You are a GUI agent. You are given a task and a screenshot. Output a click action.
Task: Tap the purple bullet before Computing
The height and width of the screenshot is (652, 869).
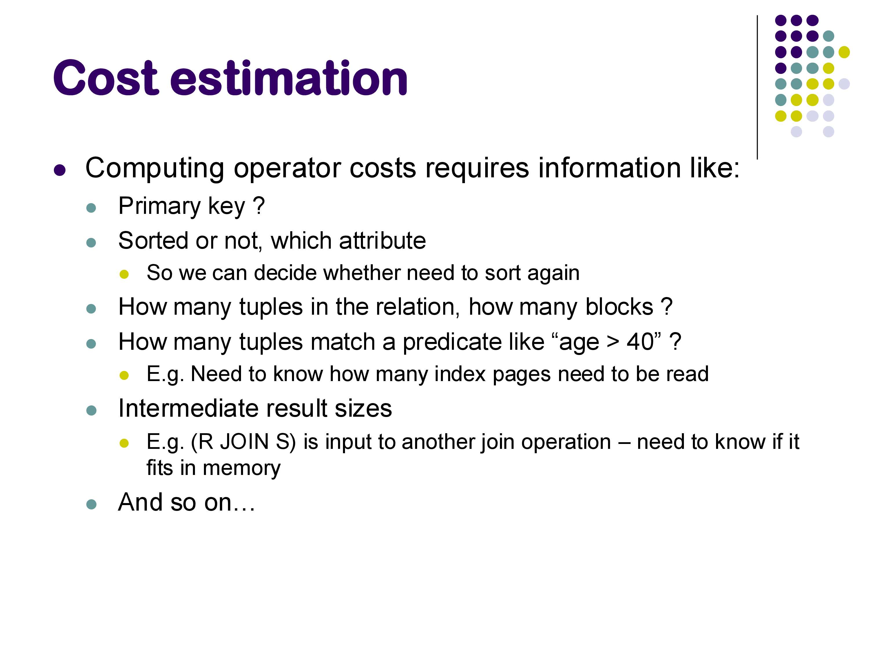pos(60,170)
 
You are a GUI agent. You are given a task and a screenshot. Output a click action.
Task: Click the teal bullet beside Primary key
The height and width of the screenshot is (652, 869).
pos(91,207)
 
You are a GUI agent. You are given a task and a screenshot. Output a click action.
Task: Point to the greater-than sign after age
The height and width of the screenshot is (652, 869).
pos(613,343)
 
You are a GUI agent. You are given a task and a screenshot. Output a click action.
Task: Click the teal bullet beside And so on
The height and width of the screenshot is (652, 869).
pos(91,504)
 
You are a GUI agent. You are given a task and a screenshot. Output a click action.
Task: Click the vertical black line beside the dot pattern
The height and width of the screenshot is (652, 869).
pos(757,87)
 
